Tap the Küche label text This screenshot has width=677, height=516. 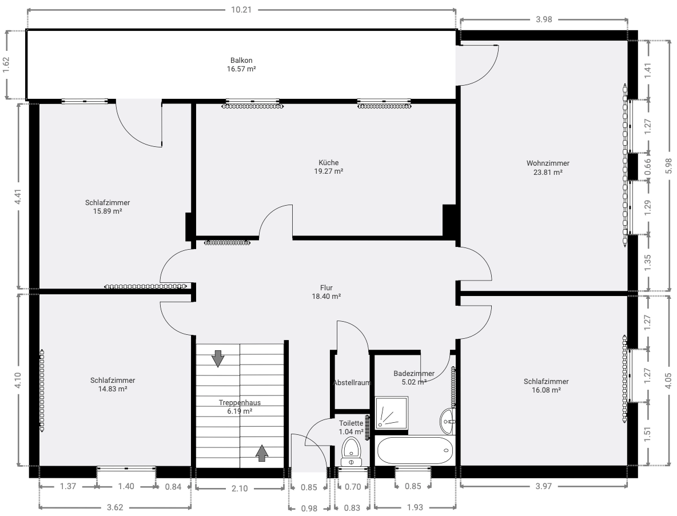click(329, 163)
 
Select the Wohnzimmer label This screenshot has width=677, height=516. click(548, 163)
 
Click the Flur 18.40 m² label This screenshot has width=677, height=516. click(326, 292)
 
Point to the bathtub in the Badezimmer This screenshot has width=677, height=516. click(415, 450)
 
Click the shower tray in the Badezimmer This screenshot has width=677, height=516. click(392, 413)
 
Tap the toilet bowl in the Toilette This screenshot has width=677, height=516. click(352, 451)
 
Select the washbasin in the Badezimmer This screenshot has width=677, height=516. click(447, 421)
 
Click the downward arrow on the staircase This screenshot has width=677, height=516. click(218, 358)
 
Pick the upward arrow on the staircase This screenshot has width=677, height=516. click(262, 453)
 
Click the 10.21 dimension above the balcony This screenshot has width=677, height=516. click(241, 10)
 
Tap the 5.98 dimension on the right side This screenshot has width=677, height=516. click(668, 166)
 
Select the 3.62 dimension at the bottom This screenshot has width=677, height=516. click(115, 507)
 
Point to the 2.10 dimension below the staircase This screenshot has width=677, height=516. click(240, 489)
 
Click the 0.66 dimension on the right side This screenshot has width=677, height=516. click(648, 166)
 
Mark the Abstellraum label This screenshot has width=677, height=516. click(352, 383)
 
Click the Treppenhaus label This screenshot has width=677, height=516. click(240, 402)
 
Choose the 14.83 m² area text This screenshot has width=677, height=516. click(113, 389)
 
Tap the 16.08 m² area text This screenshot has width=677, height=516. click(546, 390)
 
